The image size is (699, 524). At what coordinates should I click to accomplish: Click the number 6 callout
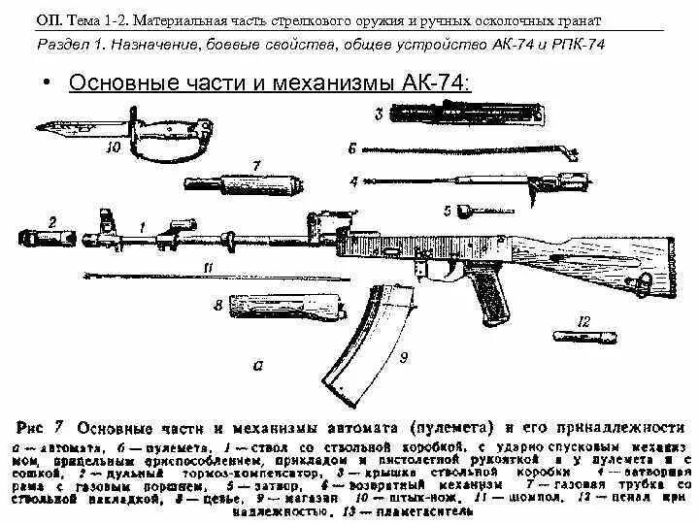[x=354, y=148]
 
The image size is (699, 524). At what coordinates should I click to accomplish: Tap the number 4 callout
[x=354, y=180]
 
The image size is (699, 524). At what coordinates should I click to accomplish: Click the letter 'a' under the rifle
[x=257, y=366]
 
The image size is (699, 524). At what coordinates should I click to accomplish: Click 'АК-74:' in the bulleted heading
[x=436, y=82]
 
